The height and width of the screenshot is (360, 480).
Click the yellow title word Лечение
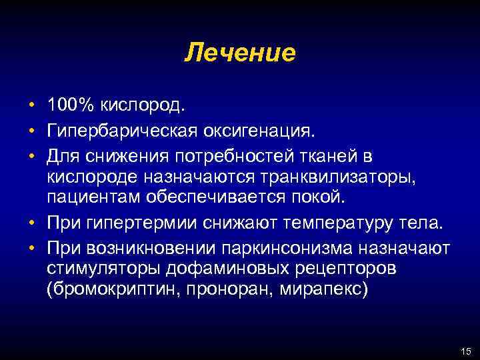240,52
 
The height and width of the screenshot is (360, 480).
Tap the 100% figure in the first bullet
73,105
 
